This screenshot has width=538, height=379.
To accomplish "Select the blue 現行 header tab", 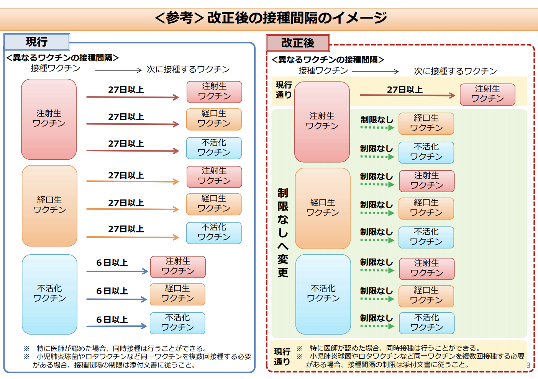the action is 36,42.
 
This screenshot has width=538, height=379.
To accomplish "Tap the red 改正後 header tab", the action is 298,43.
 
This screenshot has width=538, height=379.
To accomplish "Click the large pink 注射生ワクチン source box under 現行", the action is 49,119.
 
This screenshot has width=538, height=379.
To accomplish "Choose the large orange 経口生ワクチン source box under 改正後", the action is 323,208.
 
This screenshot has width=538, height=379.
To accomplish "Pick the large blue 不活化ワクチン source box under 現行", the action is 49,294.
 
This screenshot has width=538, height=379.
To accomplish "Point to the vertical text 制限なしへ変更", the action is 283,232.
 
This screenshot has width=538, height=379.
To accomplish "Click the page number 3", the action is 528,365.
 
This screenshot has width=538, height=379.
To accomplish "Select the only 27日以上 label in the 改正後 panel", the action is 405,90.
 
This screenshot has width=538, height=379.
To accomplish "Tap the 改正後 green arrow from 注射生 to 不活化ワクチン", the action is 377,157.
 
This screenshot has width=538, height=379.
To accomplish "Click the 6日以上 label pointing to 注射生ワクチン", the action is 112,263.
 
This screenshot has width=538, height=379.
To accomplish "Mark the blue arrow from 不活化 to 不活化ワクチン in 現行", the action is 117,326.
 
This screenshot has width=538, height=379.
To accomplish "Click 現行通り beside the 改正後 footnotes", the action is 282,357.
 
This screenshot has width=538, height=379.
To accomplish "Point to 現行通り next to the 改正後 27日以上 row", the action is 284,90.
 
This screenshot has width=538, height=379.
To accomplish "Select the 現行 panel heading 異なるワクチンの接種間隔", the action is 62,58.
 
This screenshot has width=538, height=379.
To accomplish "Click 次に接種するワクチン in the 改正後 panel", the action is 455,71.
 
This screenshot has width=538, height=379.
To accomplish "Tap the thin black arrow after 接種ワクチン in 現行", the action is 118,70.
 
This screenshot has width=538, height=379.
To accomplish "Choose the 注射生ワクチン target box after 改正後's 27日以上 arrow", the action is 487,95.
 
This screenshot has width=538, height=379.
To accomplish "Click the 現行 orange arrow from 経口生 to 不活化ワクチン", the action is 133,237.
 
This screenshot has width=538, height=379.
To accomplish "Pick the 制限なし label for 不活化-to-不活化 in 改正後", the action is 376,318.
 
